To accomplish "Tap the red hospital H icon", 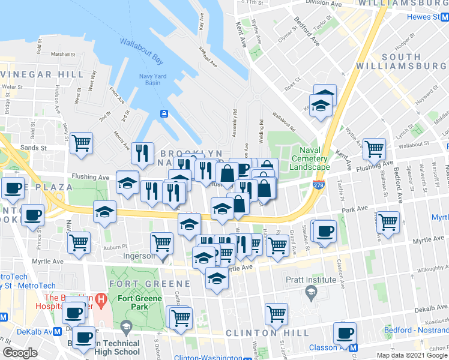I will tap(101, 298).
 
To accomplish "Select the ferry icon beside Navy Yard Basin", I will tap(163, 113).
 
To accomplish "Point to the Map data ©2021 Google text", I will tap(412, 355).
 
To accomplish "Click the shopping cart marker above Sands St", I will tap(81, 143).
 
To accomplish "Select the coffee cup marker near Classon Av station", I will tap(345, 333).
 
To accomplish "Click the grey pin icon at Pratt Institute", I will tap(310, 292).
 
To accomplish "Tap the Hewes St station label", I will tap(431, 17).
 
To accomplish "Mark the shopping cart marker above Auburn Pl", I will tap(79, 242).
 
